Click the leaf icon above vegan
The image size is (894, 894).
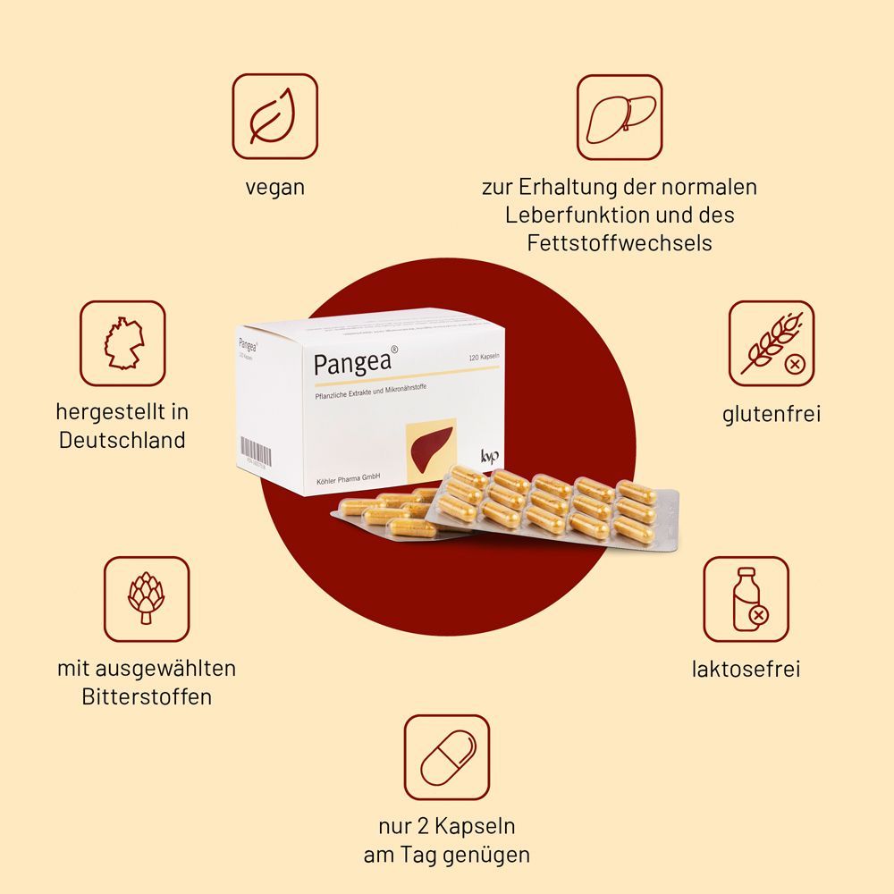point(274,116)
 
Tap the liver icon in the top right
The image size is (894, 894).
point(619,116)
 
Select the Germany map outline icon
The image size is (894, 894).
point(122,342)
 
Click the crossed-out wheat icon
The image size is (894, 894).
point(771,342)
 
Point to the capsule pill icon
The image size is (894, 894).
point(447,756)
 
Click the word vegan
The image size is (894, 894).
point(274,188)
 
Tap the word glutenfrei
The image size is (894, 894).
point(771,414)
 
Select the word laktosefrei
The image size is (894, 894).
point(746,669)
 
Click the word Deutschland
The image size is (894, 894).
point(122,440)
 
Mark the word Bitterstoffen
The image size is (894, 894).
point(147,696)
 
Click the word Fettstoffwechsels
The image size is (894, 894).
point(619,242)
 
